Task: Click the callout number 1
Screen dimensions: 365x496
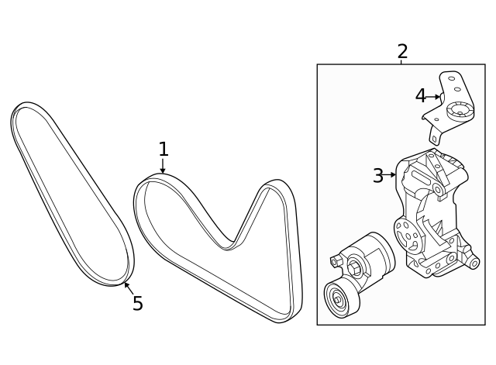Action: (163, 148)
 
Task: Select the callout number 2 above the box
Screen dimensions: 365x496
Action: (401, 52)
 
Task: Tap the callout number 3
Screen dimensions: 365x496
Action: (377, 176)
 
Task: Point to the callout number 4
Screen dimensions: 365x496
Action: (420, 96)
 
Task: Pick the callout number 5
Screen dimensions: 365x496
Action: (137, 303)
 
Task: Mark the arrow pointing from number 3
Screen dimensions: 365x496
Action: (391, 175)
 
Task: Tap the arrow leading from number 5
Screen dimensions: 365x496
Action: (128, 288)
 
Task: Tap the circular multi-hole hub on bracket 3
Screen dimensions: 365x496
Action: (405, 230)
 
